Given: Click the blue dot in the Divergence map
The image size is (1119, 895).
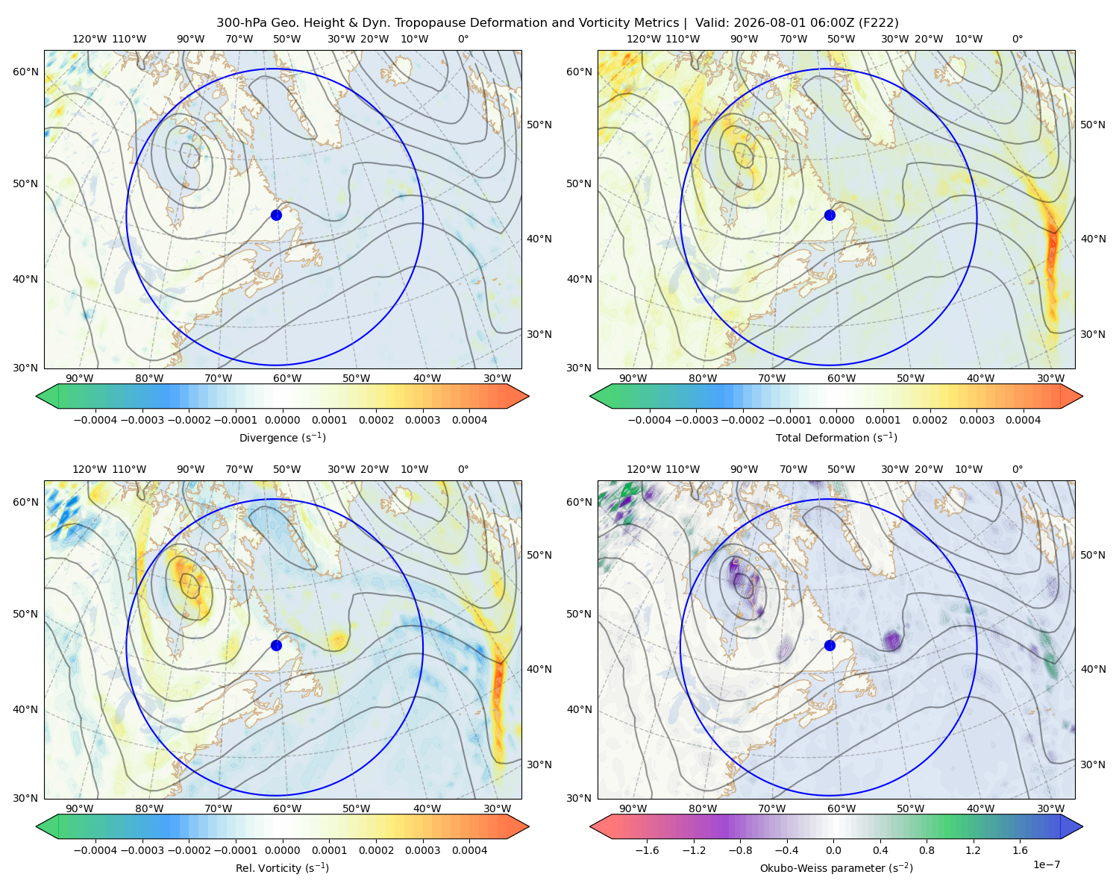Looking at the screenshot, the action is [276, 215].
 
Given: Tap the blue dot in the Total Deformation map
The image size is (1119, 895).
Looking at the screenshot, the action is [830, 215].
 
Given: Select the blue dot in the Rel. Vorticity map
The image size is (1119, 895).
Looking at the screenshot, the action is [276, 645].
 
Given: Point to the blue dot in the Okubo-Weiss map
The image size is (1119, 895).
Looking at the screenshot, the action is [830, 645].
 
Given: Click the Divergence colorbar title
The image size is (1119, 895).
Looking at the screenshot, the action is [282, 437].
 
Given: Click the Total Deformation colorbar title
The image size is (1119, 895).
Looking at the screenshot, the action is [836, 437].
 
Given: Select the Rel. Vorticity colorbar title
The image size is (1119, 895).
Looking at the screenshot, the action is [282, 867].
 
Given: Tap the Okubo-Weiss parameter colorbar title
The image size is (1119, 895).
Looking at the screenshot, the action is [836, 867].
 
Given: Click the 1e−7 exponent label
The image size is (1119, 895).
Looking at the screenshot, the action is [1046, 864].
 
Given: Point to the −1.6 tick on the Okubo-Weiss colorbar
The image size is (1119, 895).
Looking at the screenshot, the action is [647, 850].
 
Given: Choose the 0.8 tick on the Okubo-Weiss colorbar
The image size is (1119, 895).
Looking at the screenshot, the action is [927, 850].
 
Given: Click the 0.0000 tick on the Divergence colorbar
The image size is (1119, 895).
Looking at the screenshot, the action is [282, 420].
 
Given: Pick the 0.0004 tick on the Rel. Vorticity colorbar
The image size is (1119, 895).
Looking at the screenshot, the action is [469, 850].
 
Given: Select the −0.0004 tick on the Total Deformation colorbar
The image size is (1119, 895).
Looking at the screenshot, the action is [649, 420].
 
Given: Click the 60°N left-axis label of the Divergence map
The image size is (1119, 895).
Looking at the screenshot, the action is [25, 72].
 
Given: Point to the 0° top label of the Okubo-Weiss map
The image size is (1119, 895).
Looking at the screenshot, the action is [1017, 469].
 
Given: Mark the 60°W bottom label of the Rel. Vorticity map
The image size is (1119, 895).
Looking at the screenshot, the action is [287, 808].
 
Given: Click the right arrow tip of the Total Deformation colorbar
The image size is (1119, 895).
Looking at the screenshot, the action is [1082, 396].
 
